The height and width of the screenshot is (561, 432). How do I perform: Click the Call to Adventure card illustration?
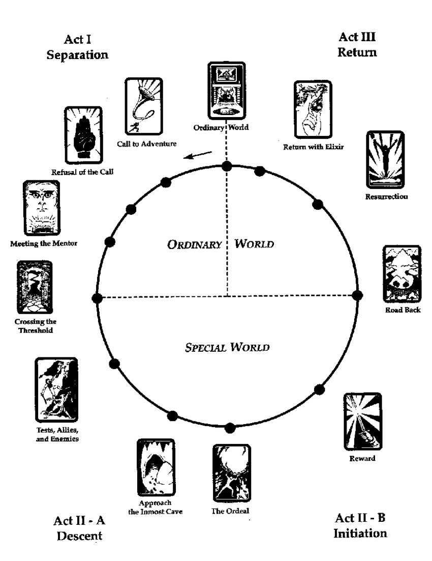point(143,106)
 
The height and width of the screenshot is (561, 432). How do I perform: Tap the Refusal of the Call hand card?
point(83,135)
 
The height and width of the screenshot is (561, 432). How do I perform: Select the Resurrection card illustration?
point(385,160)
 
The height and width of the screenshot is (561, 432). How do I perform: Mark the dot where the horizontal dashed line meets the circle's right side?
point(357,295)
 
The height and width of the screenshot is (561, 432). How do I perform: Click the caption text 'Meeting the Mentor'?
point(44,243)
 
